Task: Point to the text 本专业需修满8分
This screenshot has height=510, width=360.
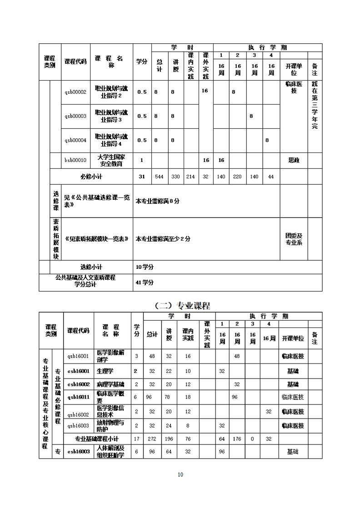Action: point(157,201)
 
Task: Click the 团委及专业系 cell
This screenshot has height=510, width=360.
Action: point(294,239)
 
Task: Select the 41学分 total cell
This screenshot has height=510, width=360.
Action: point(145,282)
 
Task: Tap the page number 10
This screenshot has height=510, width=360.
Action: point(180,475)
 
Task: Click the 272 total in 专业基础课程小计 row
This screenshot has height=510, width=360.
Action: point(152,439)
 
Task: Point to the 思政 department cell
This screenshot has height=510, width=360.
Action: point(294,160)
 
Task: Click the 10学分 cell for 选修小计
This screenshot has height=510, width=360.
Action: point(145,267)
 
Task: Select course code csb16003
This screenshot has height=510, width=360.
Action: point(78,452)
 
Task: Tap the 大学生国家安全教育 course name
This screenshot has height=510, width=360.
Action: point(111,160)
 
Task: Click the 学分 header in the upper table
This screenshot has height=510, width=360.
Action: point(142,62)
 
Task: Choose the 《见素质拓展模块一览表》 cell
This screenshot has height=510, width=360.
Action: point(97,239)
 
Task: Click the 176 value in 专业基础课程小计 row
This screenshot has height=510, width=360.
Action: point(237,439)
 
